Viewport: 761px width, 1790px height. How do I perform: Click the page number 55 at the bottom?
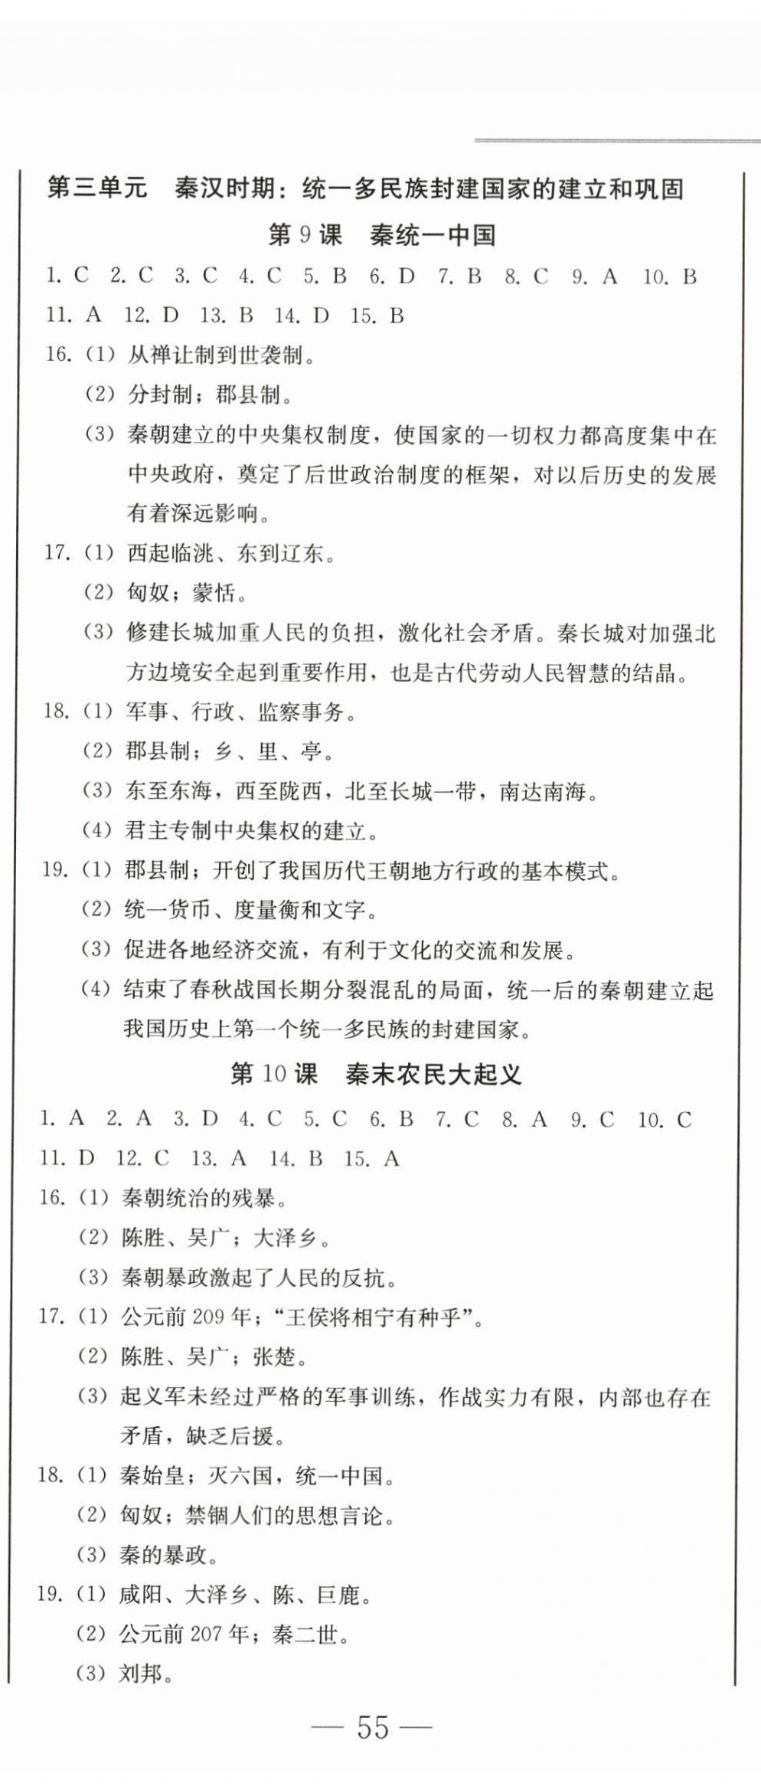pyautogui.click(x=373, y=1727)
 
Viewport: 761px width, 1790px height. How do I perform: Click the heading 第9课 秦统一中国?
pyautogui.click(x=381, y=235)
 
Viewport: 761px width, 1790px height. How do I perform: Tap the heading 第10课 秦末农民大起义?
pyautogui.click(x=376, y=1074)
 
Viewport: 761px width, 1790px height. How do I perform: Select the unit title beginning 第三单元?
pyautogui.click(x=364, y=188)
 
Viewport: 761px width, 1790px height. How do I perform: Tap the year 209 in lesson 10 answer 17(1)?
pyautogui.click(x=208, y=1317)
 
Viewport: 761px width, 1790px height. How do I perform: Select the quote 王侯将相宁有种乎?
pyautogui.click(x=379, y=1317)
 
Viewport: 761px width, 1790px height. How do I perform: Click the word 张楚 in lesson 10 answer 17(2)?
pyautogui.click(x=273, y=1356)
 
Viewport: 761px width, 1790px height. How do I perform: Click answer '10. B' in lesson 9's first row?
pyautogui.click(x=669, y=277)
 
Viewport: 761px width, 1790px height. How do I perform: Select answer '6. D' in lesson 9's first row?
pyautogui.click(x=391, y=277)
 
